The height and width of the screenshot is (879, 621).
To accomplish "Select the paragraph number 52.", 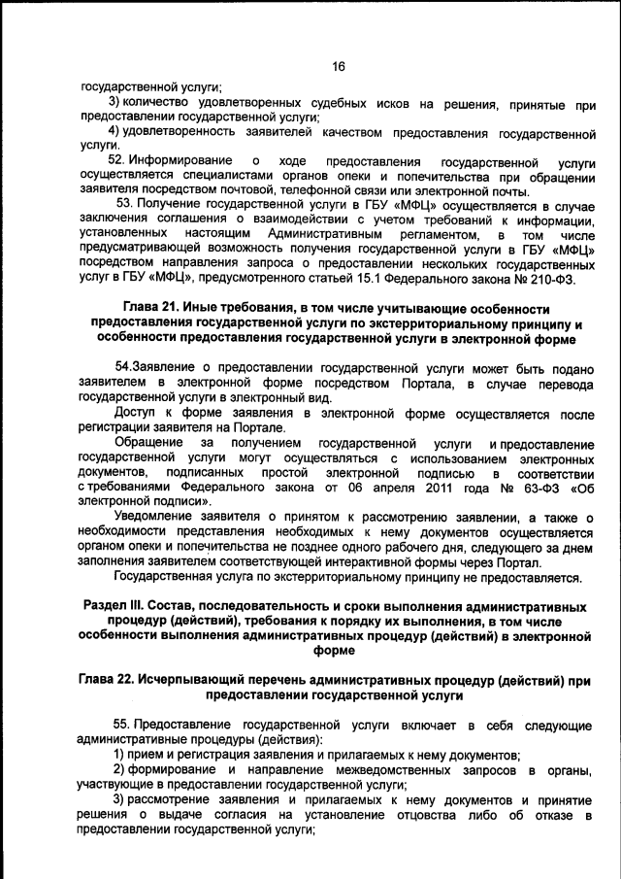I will pyautogui.click(x=116, y=159).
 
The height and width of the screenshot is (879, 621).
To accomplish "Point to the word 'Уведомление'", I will pyautogui.click(x=156, y=517).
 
